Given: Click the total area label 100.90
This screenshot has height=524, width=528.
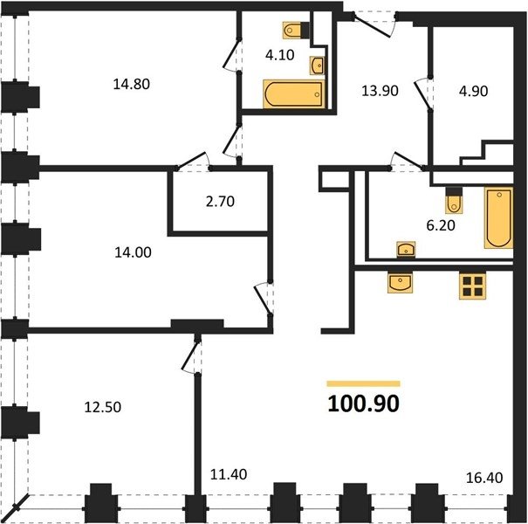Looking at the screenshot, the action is click(x=363, y=403).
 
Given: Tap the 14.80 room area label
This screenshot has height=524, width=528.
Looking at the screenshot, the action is click(x=131, y=84).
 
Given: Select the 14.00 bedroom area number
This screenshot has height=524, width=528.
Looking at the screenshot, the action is click(x=133, y=252).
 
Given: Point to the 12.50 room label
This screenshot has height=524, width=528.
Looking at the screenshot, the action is click(x=103, y=407).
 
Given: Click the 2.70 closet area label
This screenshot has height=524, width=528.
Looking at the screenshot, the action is click(x=220, y=201).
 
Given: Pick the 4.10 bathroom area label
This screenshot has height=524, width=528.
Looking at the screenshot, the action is click(x=280, y=55).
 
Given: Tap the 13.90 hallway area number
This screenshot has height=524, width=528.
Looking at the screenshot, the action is click(x=380, y=91).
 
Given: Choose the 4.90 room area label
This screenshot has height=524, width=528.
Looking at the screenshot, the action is click(x=473, y=91).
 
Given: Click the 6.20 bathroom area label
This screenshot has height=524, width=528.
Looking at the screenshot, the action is click(x=441, y=225).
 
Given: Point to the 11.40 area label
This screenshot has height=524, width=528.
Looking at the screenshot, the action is click(x=229, y=474).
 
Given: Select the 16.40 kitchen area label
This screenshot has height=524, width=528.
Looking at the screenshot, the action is click(x=484, y=478).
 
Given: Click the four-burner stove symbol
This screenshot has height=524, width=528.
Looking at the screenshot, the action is click(x=473, y=286).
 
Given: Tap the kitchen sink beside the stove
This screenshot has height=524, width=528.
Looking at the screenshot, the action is click(x=400, y=282).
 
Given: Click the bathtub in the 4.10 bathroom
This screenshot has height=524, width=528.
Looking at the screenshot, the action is click(x=293, y=94).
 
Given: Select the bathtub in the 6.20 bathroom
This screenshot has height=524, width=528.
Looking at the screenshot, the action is click(x=498, y=217).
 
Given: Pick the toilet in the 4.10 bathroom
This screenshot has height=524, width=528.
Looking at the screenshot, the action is click(x=297, y=31).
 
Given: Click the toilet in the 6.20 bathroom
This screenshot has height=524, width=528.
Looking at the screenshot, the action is click(x=454, y=201).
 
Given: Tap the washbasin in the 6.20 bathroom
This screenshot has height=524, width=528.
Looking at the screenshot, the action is click(x=406, y=250).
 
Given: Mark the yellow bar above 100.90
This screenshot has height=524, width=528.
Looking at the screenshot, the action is click(x=363, y=383).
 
